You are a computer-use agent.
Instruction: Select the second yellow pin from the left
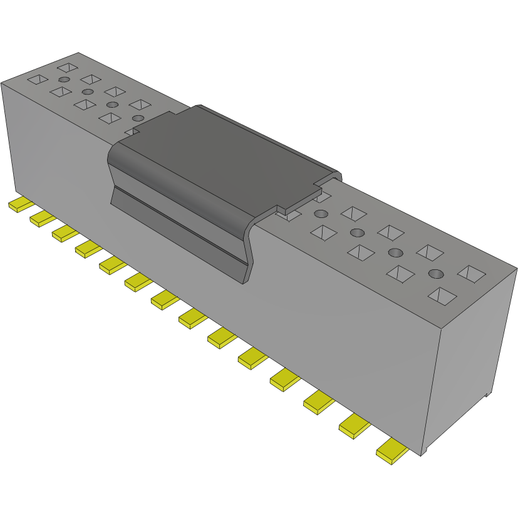tap(43, 218)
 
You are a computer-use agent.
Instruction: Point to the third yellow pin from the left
tap(65, 233)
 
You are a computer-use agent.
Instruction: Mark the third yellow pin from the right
tap(319, 402)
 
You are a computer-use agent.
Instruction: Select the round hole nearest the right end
tap(436, 274)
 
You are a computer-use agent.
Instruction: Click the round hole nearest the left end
tap(63, 80)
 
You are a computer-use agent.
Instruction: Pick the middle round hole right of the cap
tap(395, 252)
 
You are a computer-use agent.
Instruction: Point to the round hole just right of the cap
tap(357, 233)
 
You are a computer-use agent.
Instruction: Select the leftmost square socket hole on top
tap(38, 80)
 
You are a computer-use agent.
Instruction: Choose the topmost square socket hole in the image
tap(66, 66)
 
